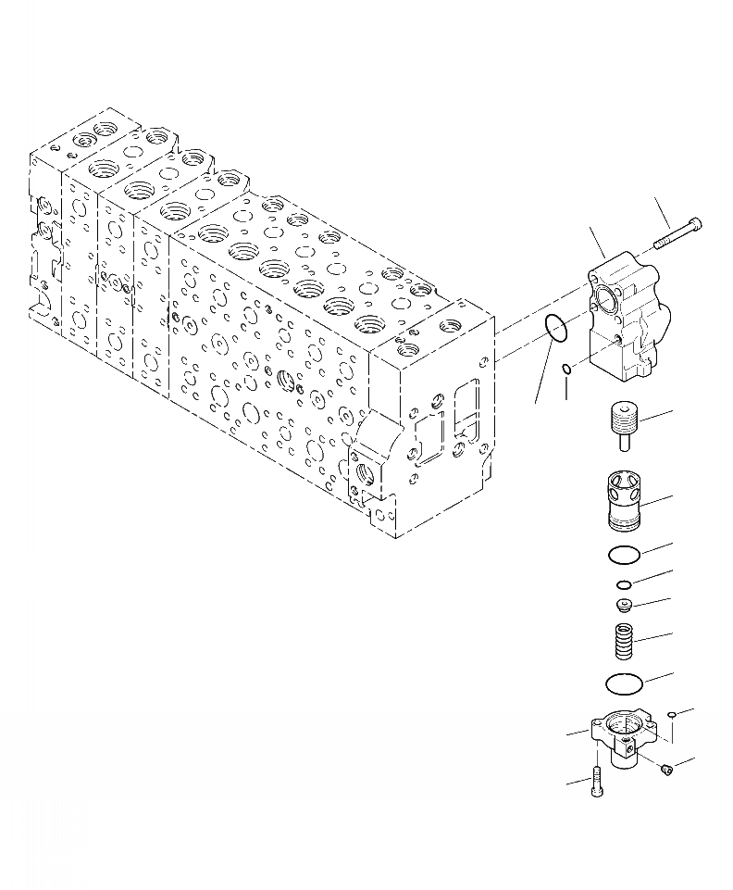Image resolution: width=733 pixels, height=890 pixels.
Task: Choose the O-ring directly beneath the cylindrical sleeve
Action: pos(623,555)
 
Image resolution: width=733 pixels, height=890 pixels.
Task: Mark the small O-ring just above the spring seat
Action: pos(625,584)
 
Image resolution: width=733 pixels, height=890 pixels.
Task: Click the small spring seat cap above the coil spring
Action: pos(626,605)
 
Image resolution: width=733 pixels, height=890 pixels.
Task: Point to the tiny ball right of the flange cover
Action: pos(673,714)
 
